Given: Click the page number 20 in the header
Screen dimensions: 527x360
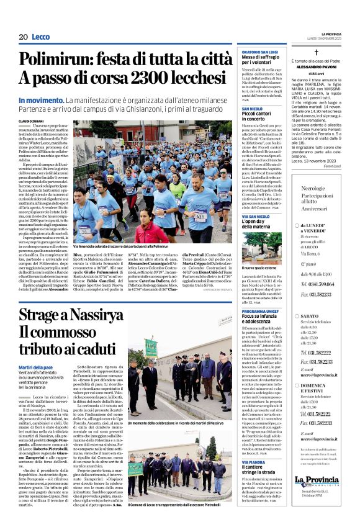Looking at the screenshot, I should tap(24, 37).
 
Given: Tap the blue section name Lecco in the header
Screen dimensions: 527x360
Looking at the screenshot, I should tap(41, 37).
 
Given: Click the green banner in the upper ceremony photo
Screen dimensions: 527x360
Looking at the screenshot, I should tap(151, 347).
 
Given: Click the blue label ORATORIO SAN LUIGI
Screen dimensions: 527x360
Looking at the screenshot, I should tap(259, 52).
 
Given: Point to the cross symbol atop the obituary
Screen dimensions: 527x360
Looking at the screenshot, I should tap(323, 53).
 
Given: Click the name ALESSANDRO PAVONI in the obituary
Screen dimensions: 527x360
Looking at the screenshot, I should tap(323, 68).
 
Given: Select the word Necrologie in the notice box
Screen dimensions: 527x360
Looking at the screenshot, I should tap(313, 187).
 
